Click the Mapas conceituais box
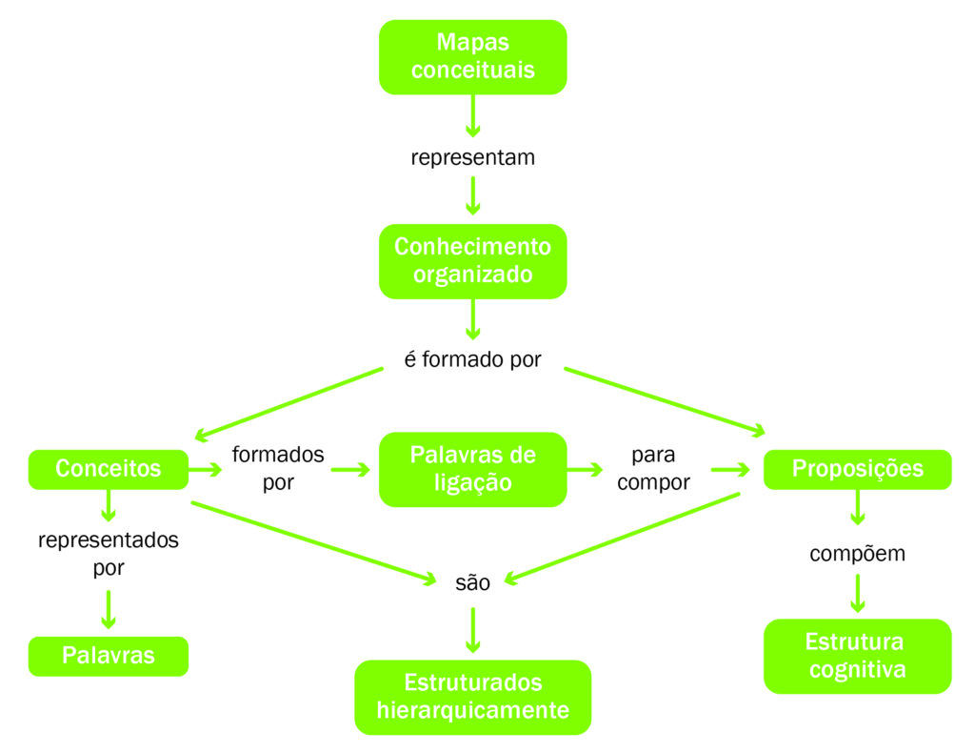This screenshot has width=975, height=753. click(x=472, y=56)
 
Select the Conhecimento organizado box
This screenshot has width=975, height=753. click(x=472, y=261)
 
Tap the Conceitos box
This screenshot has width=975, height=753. click(x=109, y=469)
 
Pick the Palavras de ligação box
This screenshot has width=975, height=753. click(x=472, y=469)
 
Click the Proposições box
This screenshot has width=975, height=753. click(x=858, y=469)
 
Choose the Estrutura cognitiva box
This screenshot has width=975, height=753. click(x=858, y=656)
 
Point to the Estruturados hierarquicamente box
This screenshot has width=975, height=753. click(x=472, y=697)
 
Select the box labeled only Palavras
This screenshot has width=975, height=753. click(x=109, y=656)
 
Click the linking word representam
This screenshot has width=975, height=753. click(x=472, y=157)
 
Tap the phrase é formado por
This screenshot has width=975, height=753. click(x=472, y=359)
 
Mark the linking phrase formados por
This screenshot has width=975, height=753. click(x=278, y=468)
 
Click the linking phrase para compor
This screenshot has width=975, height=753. click(x=653, y=468)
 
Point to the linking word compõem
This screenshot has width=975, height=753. click(x=858, y=553)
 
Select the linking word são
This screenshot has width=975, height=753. click(x=472, y=582)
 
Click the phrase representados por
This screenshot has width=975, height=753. click(x=109, y=553)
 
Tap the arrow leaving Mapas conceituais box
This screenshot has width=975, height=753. click(x=472, y=115)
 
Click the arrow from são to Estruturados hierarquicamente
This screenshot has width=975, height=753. click(x=472, y=630)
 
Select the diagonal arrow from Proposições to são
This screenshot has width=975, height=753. click(x=623, y=539)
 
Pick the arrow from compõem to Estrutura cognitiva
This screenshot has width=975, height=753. click(x=858, y=593)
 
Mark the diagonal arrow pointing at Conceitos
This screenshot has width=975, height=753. click(x=289, y=404)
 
